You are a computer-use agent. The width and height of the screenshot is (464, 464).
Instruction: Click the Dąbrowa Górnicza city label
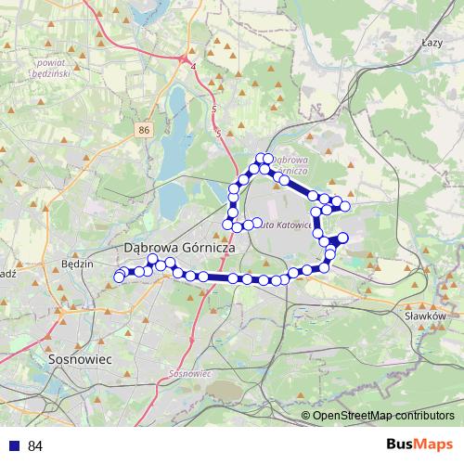179,249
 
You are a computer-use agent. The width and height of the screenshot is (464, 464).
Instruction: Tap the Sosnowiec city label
79,357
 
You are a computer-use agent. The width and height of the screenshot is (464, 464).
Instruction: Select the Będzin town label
77,264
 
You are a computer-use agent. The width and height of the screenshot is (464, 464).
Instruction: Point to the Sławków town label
427,316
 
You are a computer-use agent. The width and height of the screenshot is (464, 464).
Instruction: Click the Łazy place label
432,43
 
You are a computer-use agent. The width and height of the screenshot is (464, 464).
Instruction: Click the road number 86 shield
142,131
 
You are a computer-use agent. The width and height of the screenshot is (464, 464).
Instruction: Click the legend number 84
35,445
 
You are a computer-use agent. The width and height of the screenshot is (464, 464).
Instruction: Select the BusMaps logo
419,445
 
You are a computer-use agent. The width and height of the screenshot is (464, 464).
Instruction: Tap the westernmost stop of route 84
119,277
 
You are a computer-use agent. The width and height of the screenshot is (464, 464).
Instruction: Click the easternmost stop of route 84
345,205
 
